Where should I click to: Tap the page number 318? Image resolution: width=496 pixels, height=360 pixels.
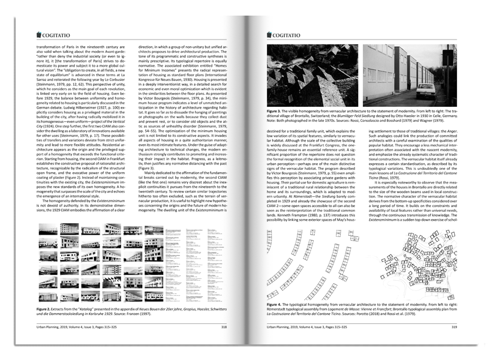click(x=224, y=327)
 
